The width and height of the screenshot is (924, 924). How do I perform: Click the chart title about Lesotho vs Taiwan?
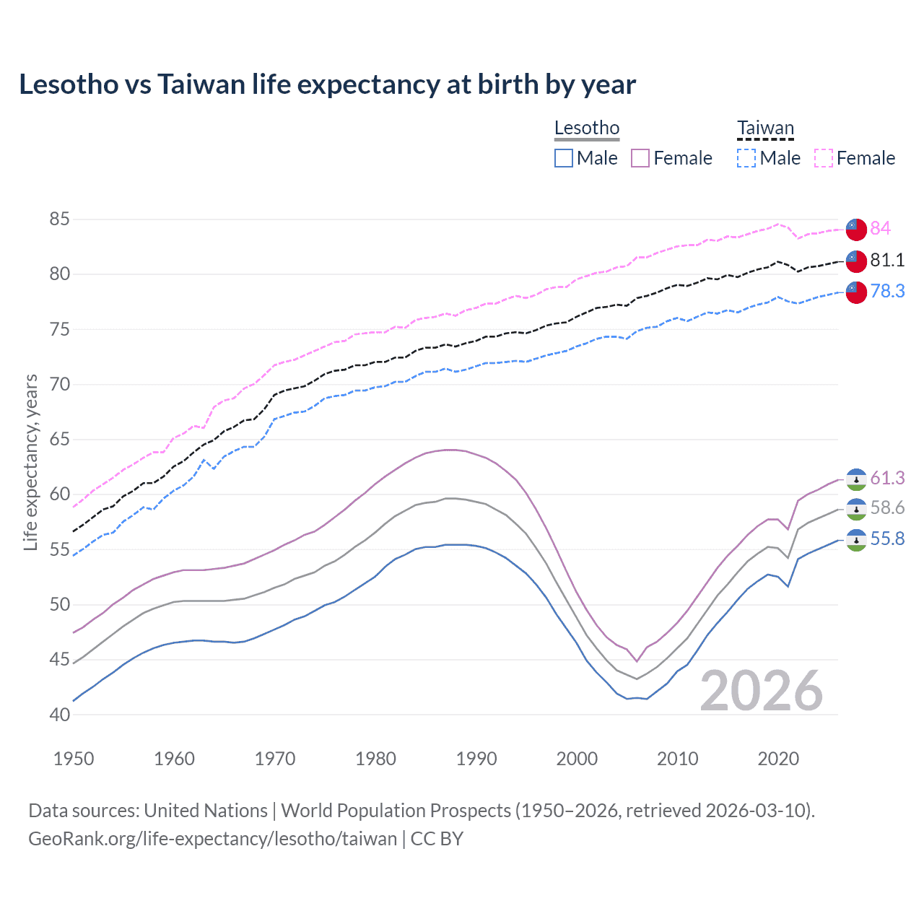[327, 84]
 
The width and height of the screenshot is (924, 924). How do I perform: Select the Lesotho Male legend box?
[564, 158]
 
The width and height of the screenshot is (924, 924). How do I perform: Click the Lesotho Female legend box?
[640, 158]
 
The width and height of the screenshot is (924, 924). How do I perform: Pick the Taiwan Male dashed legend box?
[746, 158]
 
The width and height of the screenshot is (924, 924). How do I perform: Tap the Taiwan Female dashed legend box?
[824, 158]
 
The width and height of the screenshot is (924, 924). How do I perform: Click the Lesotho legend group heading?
[587, 128]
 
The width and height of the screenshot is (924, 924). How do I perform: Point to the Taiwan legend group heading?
[765, 128]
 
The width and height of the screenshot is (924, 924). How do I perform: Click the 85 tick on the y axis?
[60, 219]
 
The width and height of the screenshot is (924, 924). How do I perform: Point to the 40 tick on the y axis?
[60, 715]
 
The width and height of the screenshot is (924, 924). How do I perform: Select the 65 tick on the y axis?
[60, 439]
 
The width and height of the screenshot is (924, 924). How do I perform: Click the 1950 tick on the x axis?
[74, 759]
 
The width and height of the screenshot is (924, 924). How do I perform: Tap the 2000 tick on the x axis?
[577, 759]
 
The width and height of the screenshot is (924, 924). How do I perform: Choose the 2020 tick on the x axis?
[778, 759]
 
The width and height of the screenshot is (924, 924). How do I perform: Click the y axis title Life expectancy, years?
[30, 462]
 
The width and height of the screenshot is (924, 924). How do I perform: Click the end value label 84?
[880, 228]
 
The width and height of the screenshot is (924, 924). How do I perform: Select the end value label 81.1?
[887, 260]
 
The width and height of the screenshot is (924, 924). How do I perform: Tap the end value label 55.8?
[887, 539]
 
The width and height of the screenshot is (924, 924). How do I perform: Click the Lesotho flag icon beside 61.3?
[856, 479]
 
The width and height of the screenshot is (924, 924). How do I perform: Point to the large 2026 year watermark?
[762, 691]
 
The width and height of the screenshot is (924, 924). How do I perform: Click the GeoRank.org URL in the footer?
[213, 839]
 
